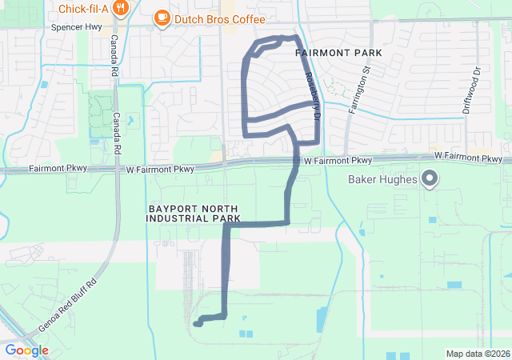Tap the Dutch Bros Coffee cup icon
click(x=162, y=17)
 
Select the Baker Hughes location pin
click(x=429, y=179)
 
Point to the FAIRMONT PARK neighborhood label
click(x=338, y=53)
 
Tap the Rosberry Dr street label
click(x=313, y=94)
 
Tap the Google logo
click(x=26, y=350)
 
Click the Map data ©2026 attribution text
click(x=477, y=354)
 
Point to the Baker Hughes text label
click(x=382, y=179)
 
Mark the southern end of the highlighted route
click(x=196, y=324)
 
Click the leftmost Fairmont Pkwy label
click(x=56, y=169)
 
